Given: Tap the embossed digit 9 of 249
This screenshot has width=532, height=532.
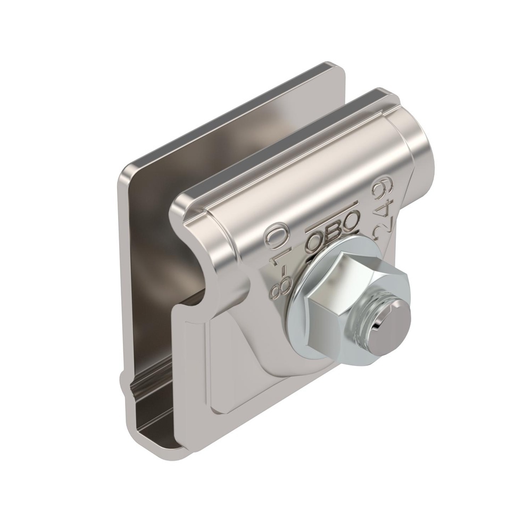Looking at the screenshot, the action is click(380, 190).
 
